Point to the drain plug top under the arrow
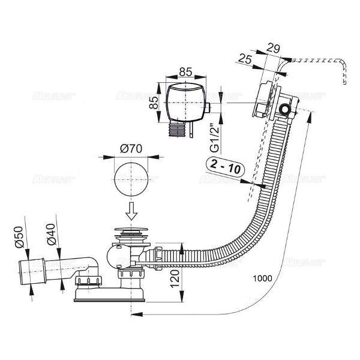(131, 230)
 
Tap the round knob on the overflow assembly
(284, 109)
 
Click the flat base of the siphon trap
(111, 296)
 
